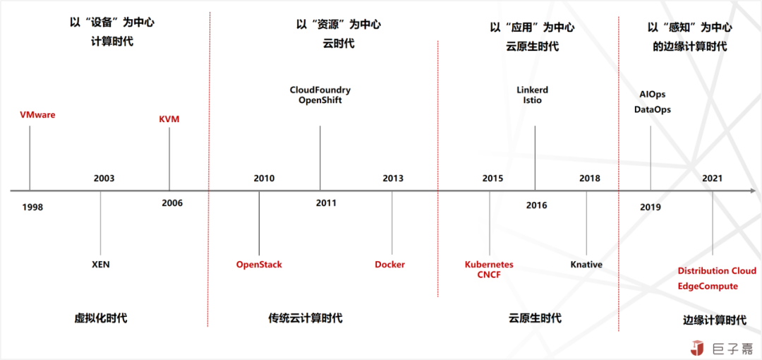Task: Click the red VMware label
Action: (38, 115)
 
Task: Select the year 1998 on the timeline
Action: (32, 208)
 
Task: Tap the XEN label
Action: (101, 265)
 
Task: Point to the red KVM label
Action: (169, 119)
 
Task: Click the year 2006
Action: (173, 203)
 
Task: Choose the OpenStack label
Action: (259, 265)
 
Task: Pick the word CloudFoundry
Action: (320, 90)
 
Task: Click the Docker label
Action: (389, 265)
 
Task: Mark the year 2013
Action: (393, 178)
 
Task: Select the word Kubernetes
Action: (489, 265)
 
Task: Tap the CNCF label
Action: (489, 275)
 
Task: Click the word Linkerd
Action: (532, 90)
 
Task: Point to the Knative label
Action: (586, 265)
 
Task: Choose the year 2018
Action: (590, 178)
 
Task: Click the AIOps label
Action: (653, 95)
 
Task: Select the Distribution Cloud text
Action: (718, 270)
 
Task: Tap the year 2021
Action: (713, 178)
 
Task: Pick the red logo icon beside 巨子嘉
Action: (698, 347)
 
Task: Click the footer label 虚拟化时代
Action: (101, 318)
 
